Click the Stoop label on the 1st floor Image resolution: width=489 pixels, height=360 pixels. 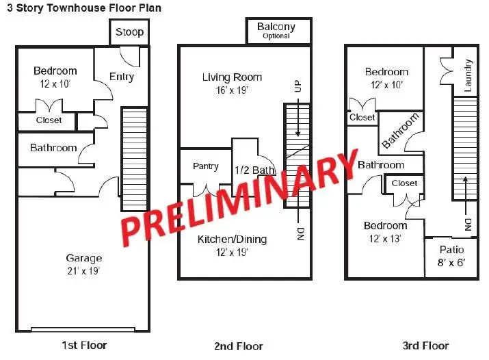point(129,32)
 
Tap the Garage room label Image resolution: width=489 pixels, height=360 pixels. point(83,258)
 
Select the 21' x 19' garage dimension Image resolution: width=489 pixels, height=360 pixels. point(83,270)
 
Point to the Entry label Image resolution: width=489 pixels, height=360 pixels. point(121,77)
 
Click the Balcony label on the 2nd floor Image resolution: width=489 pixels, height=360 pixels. point(276,27)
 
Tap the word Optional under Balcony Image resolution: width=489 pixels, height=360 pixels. point(276,36)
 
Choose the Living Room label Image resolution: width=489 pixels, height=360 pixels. point(232,77)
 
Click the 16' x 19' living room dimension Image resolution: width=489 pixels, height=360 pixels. point(232,90)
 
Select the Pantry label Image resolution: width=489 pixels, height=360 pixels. point(206,166)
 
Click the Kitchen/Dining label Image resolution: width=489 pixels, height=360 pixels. point(232,240)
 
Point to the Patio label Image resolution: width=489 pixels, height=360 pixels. point(451,250)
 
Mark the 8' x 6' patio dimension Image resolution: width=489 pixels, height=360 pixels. point(451,262)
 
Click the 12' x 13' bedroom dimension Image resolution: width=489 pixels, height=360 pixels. point(385,239)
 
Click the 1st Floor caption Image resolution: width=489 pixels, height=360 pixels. point(84,345)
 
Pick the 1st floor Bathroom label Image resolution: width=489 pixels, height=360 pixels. point(53,148)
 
